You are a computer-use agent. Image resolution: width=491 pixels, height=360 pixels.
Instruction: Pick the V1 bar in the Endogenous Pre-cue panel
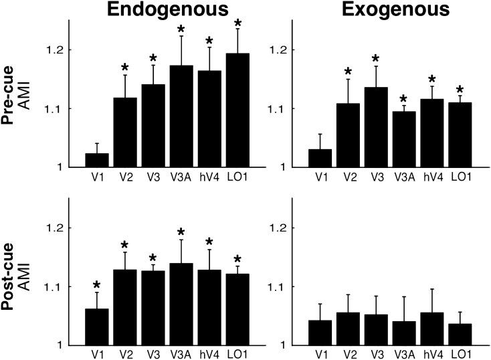97,160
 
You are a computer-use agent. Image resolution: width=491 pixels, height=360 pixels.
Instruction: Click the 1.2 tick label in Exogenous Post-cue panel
278,228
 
